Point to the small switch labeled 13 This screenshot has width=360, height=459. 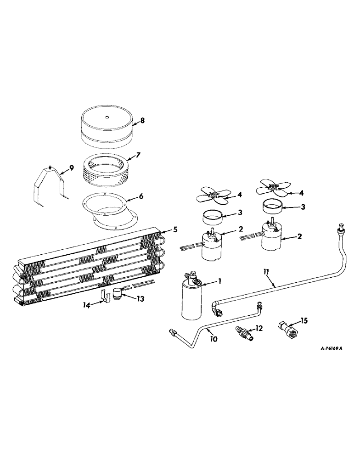click(x=119, y=293)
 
